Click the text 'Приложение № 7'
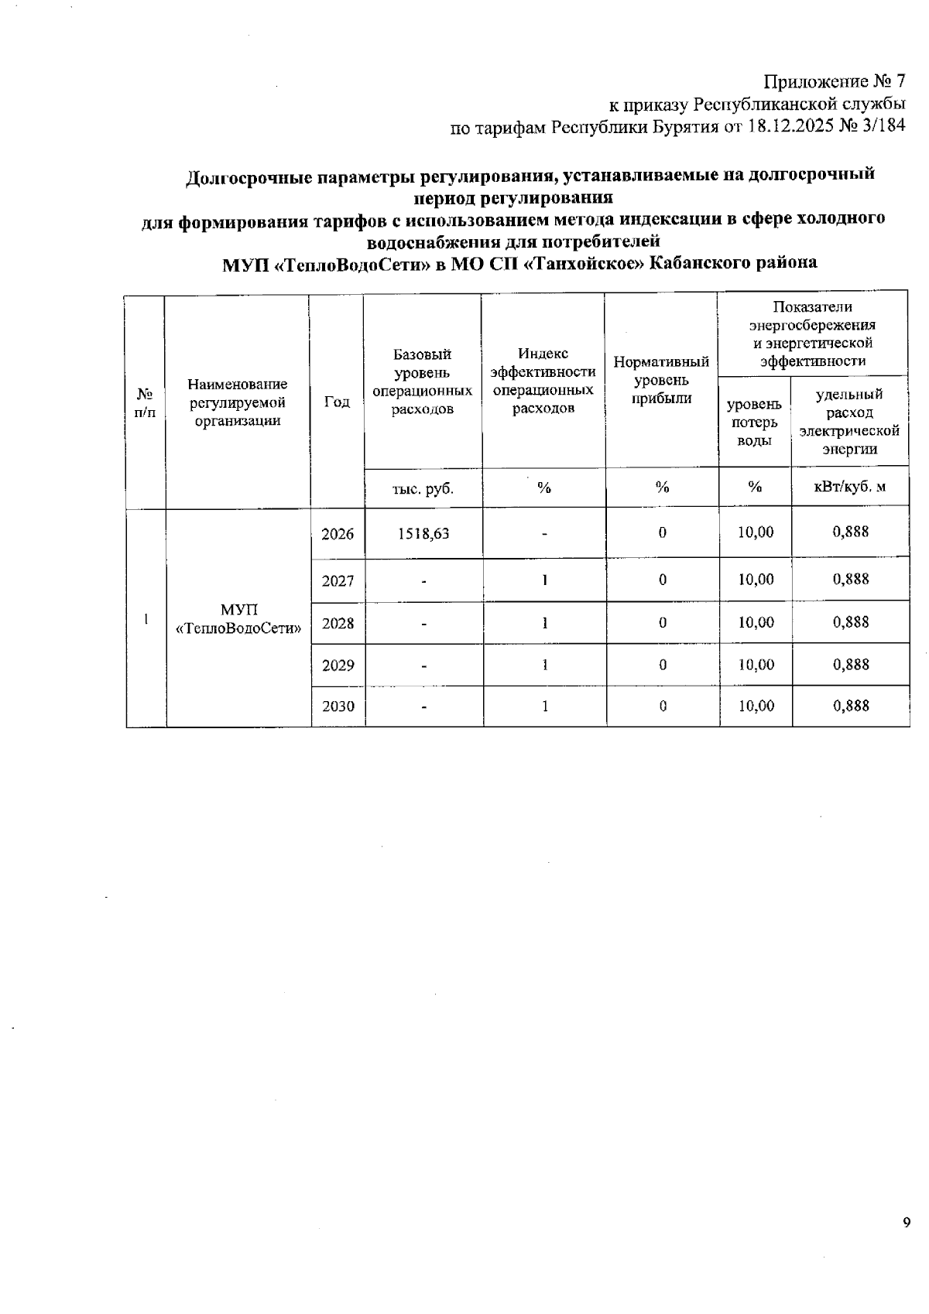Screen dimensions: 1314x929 (835, 81)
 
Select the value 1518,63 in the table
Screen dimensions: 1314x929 (423, 533)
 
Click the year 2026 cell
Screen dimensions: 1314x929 (338, 534)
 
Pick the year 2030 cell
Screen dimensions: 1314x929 (338, 706)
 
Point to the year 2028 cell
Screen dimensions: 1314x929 (338, 623)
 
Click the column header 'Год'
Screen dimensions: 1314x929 (337, 402)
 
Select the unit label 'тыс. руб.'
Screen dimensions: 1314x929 (423, 488)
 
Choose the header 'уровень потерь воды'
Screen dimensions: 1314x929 (754, 423)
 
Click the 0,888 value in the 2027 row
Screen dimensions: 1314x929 (851, 579)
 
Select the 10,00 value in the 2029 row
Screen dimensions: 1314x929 (756, 665)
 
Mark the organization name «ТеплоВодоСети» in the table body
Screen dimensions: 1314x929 (238, 628)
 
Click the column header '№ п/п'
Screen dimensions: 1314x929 (145, 402)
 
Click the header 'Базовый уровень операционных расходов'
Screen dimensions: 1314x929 (423, 382)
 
